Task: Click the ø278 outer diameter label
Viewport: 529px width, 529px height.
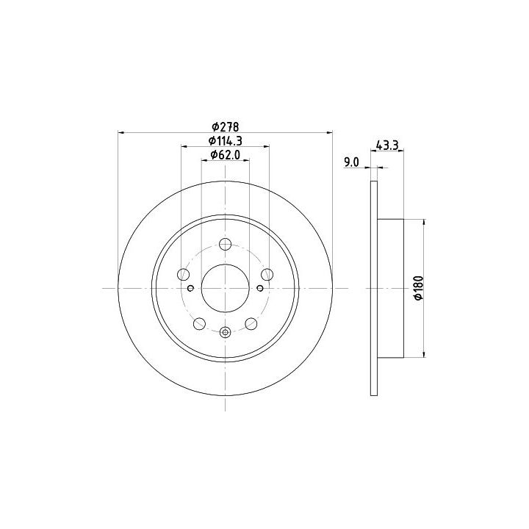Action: [x=225, y=127]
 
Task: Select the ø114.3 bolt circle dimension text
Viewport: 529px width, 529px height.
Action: [x=225, y=140]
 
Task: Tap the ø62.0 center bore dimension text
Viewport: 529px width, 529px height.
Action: [x=225, y=155]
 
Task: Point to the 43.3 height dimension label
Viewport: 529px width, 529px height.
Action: [x=387, y=145]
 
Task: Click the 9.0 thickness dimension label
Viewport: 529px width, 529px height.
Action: [x=351, y=162]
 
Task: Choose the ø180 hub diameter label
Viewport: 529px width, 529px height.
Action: [x=419, y=288]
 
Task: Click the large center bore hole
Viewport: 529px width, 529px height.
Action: [x=225, y=288]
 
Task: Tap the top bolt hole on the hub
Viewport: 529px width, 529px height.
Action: [x=225, y=244]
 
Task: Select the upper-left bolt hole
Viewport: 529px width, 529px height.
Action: [x=183, y=274]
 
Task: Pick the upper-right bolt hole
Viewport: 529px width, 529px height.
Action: [x=267, y=274]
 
